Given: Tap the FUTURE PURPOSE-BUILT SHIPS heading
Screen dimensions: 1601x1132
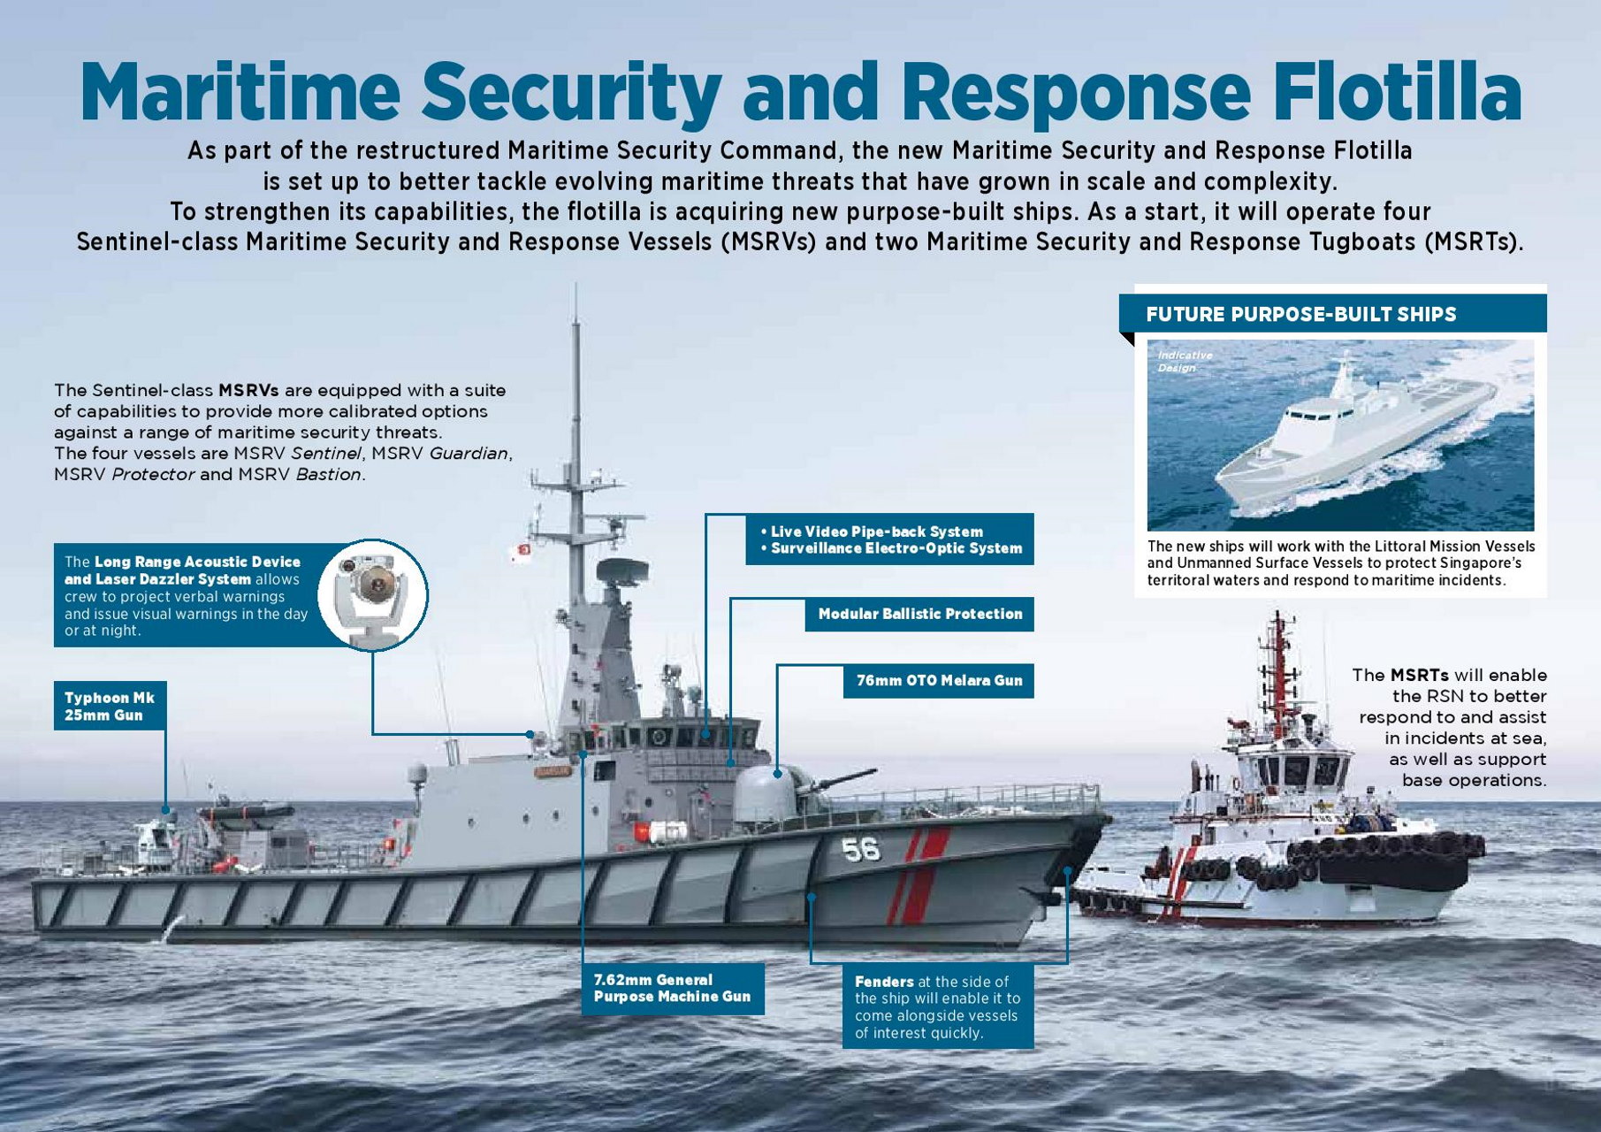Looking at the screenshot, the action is click(x=1300, y=314).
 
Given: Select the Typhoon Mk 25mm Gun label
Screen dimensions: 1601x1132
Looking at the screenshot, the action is click(x=110, y=706).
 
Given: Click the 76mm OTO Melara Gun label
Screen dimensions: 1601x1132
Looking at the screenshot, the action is click(x=939, y=681).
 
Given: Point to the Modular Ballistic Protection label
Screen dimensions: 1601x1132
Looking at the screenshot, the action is click(x=919, y=614).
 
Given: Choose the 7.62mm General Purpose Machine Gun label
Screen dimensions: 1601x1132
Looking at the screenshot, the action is click(x=672, y=988).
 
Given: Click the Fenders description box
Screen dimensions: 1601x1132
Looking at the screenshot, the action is click(x=937, y=1006).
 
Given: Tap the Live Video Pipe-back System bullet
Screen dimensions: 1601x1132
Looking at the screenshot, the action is click(x=872, y=532).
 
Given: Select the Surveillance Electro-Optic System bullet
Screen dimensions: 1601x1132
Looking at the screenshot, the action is click(x=891, y=548).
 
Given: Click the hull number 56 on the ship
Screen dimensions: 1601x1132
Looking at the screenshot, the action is click(x=860, y=850).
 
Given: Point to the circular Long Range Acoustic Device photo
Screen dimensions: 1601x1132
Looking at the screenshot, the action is click(x=372, y=594).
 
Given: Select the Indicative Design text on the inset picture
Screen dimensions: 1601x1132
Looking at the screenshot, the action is click(x=1185, y=361).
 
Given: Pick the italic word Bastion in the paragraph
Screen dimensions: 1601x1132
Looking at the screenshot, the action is click(x=328, y=474).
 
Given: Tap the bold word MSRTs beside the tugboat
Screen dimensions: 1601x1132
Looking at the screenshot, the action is click(x=1420, y=675).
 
